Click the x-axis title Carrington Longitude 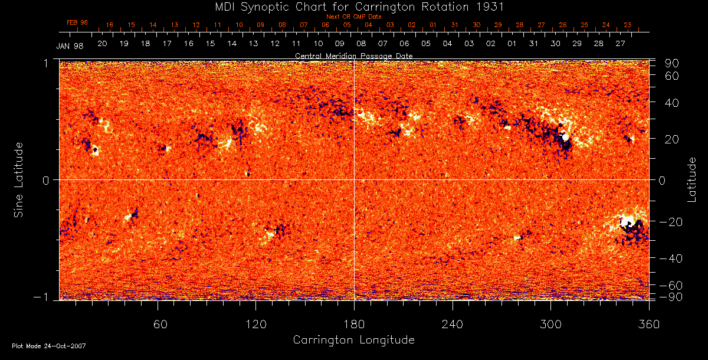(x=353, y=340)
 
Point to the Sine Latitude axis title (x=19, y=179)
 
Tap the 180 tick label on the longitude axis (x=354, y=323)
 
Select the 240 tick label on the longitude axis (x=453, y=323)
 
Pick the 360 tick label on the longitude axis (x=649, y=323)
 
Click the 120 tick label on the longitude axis (x=255, y=323)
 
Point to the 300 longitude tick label (x=550, y=323)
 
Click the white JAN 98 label (x=70, y=47)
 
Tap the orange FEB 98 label (x=77, y=22)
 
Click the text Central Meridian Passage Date (x=353, y=55)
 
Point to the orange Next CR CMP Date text (x=353, y=17)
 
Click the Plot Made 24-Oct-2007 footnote (x=49, y=346)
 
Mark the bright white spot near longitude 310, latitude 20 (x=566, y=137)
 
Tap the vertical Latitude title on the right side (x=691, y=179)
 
